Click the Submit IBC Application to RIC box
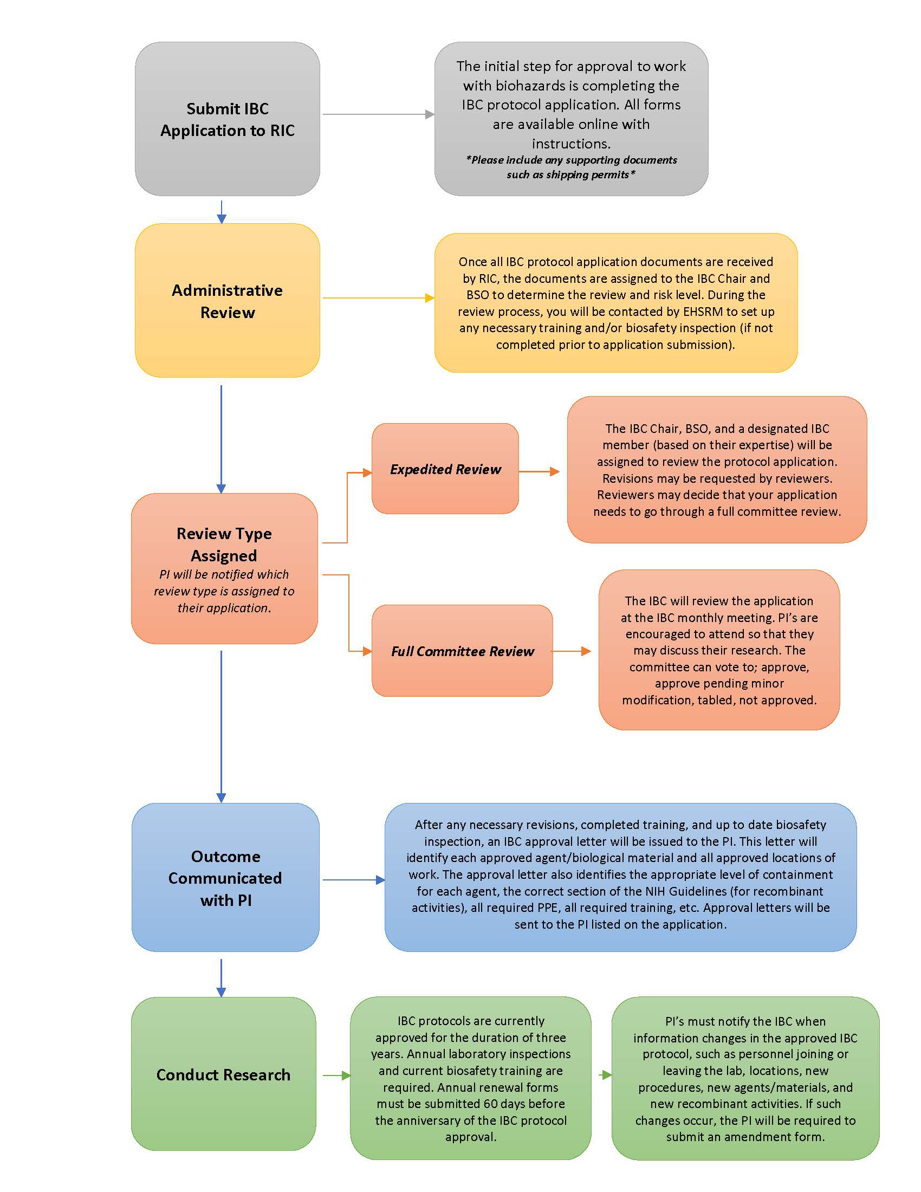click(227, 119)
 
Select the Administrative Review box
click(227, 300)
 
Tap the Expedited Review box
click(445, 469)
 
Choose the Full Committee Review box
click(462, 651)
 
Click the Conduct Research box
click(223, 1074)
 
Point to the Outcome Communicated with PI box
click(225, 878)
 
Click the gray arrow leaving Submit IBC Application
click(378, 114)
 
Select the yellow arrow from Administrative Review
click(378, 298)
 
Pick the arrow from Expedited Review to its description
click(539, 471)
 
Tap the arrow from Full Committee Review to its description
click(571, 651)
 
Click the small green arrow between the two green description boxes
click(605, 1074)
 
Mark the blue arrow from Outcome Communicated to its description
click(354, 880)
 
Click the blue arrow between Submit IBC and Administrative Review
click(222, 212)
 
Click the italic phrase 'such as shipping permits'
click(570, 174)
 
